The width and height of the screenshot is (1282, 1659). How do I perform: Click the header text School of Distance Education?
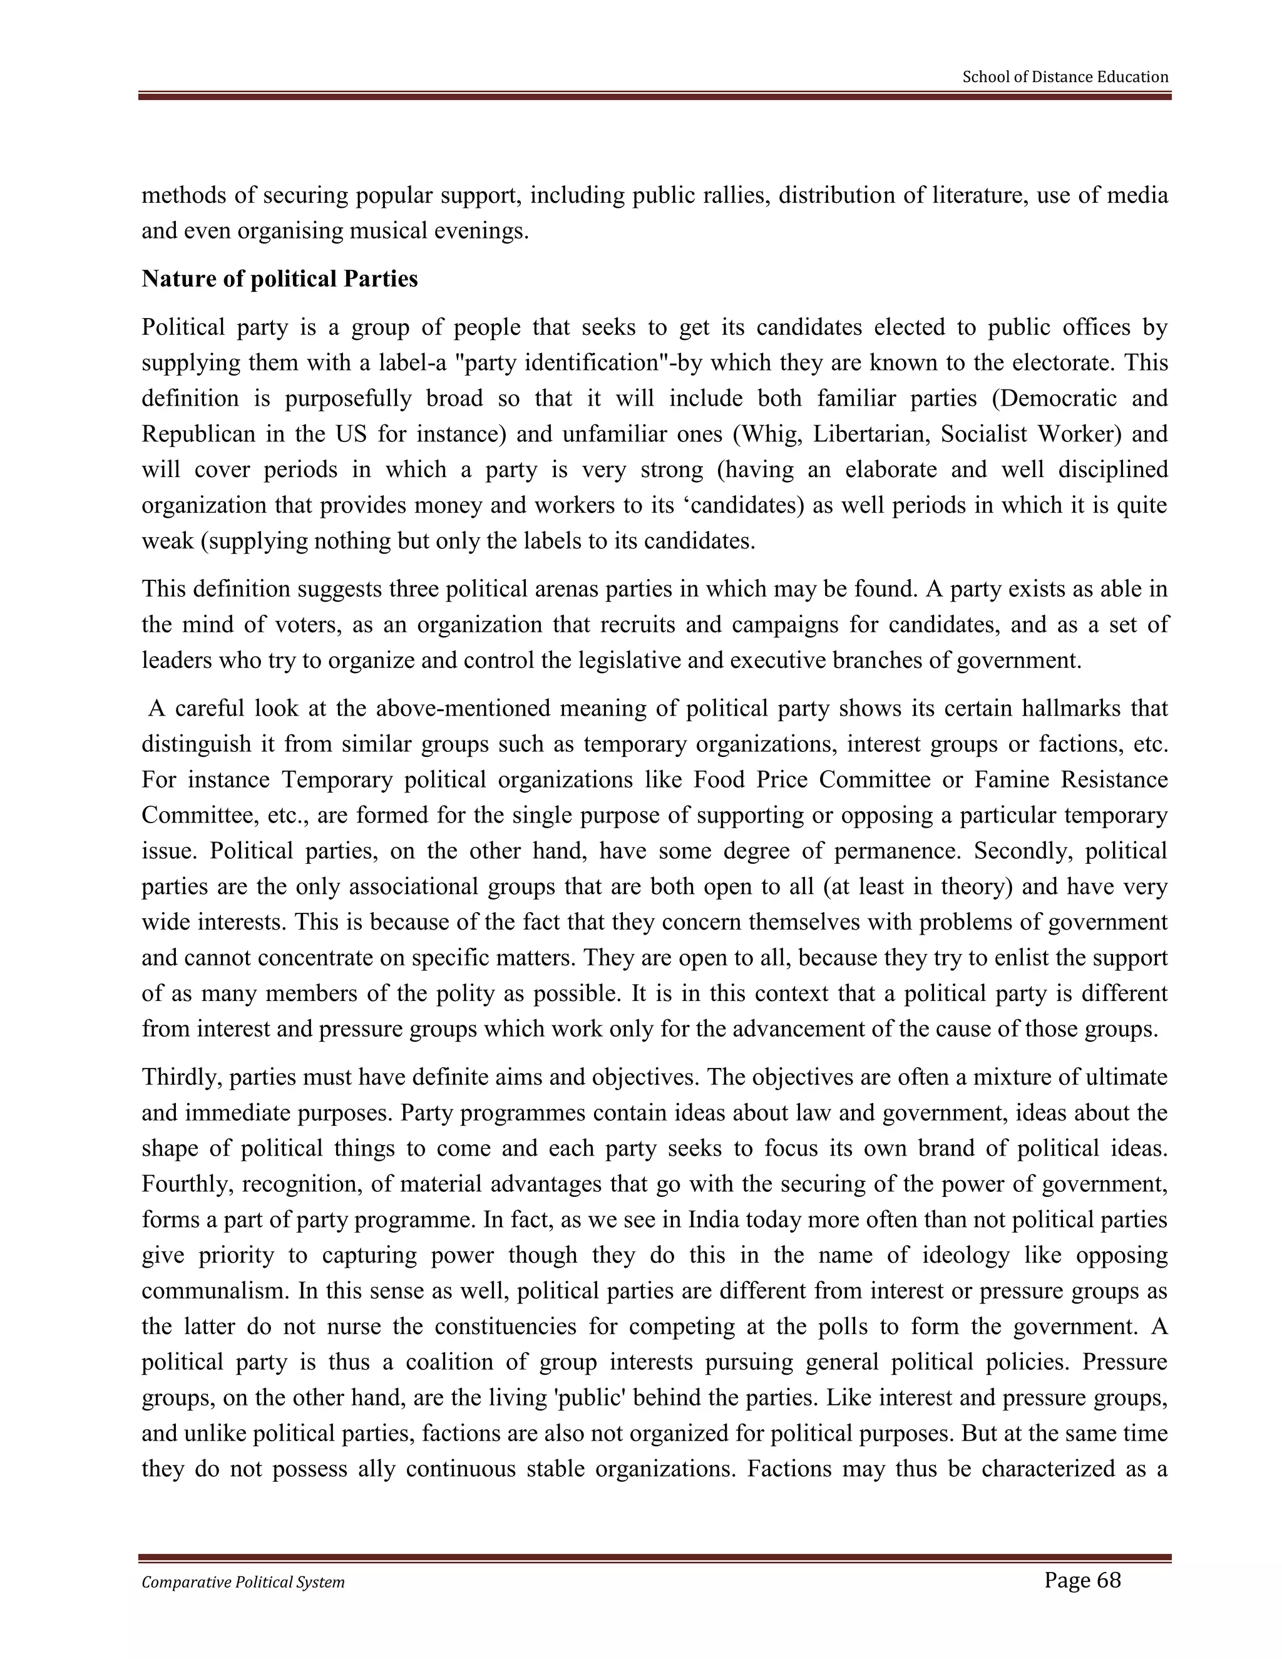pos(1065,77)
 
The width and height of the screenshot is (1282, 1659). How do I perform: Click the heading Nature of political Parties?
pos(279,279)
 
